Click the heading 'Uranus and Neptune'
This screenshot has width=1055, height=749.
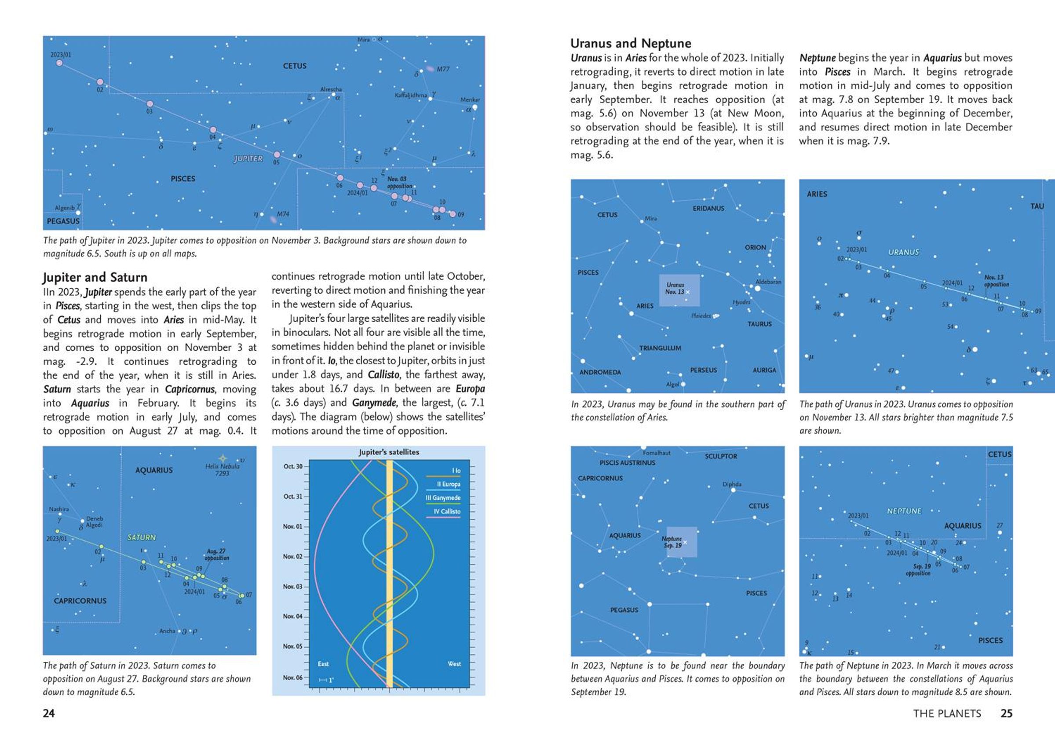(631, 44)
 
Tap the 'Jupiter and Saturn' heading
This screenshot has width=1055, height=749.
(95, 277)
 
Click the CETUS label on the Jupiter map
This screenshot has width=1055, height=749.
(295, 66)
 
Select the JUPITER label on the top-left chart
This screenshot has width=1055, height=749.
(248, 159)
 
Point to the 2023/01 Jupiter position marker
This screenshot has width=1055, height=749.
(59, 63)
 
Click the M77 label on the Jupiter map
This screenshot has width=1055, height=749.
(443, 69)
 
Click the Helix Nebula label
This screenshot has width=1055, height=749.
(223, 470)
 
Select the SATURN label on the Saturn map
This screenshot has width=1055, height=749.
(142, 537)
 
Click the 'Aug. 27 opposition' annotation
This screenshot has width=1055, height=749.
(216, 554)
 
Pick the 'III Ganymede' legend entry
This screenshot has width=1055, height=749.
(443, 498)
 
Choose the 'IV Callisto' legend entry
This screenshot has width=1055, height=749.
(447, 511)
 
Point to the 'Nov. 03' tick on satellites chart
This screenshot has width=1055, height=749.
(293, 586)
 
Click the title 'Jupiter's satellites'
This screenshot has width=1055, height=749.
(389, 452)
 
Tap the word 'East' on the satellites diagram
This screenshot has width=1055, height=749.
(323, 664)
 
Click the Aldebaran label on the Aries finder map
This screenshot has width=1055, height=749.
(768, 281)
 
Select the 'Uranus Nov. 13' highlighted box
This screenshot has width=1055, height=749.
(679, 290)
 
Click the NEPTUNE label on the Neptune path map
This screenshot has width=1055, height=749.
(904, 511)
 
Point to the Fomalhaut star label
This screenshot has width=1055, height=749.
(656, 453)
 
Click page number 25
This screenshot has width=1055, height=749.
(1006, 713)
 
